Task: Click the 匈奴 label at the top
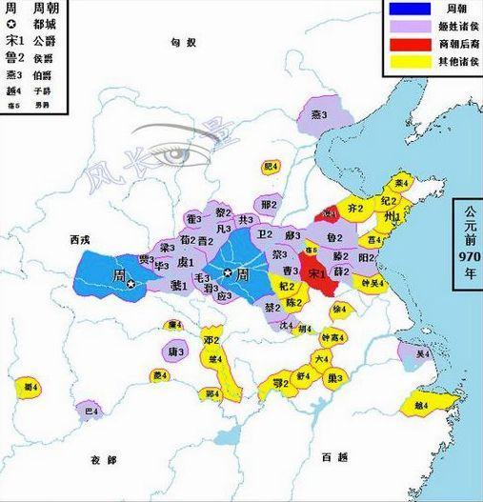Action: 182,44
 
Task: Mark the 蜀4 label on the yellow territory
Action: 30,387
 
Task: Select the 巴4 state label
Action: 91,412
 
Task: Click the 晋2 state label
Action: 206,241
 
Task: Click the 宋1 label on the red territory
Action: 315,271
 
